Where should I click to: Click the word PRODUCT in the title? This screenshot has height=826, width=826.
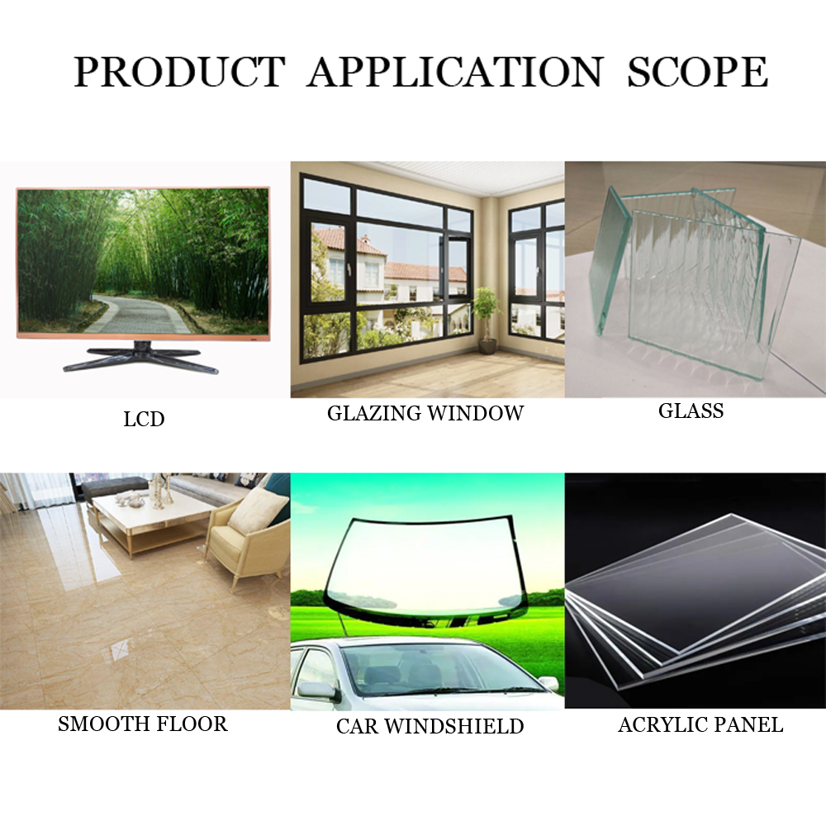[179, 71]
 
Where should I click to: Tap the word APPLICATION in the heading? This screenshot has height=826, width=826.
[455, 71]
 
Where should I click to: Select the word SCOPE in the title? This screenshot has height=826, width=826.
[697, 71]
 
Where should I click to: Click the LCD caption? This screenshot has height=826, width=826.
[144, 420]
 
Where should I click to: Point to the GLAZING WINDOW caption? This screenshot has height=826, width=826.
[425, 413]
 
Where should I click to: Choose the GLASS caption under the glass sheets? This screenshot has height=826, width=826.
[691, 411]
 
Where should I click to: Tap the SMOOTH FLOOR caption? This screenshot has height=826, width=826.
[143, 724]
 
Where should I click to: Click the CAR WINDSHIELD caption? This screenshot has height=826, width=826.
[430, 726]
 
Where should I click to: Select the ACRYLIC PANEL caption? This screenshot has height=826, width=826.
[700, 725]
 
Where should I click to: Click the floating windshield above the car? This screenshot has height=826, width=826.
[427, 572]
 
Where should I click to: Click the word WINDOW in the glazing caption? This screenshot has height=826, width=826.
[475, 413]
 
